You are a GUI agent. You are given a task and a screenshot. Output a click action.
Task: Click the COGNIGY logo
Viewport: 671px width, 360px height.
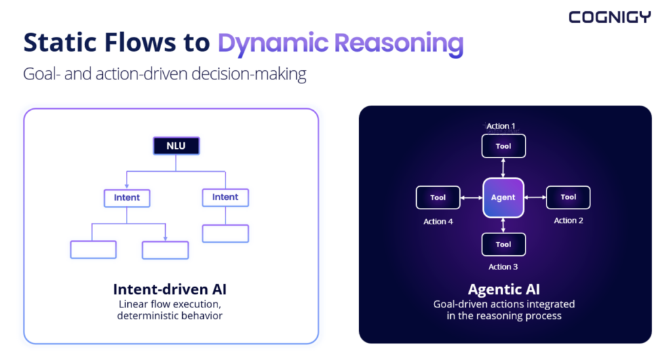point(609,17)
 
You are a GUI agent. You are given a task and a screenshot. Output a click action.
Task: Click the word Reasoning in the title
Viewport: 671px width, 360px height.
point(399,43)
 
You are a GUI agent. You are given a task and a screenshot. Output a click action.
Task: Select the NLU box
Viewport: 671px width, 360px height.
point(176,146)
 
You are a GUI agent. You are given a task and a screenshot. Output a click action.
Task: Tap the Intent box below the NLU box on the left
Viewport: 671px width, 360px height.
point(126,198)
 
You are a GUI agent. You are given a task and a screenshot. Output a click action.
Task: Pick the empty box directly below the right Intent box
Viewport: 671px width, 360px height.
point(225,233)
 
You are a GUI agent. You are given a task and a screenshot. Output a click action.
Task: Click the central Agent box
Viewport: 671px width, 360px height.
point(503,197)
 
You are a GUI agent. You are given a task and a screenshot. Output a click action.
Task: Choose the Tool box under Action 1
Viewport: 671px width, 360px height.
point(503,146)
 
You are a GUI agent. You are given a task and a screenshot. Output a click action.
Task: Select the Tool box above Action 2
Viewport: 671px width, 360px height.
point(568,197)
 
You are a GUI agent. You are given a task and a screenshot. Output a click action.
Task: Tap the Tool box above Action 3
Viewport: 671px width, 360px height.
point(503,245)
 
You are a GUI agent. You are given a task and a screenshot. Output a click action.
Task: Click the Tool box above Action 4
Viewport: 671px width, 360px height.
point(438,197)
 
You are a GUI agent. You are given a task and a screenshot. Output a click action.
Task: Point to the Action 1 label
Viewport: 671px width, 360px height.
point(501,126)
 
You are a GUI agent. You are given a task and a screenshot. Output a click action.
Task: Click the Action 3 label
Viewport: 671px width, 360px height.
point(503,267)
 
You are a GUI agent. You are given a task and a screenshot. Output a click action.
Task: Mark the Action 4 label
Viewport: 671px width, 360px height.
point(438,221)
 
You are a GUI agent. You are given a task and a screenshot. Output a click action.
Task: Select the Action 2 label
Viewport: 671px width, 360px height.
point(569,220)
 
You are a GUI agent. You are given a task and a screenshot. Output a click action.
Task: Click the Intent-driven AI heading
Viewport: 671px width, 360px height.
point(170,289)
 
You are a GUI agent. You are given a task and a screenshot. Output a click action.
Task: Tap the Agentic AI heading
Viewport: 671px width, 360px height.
point(504,289)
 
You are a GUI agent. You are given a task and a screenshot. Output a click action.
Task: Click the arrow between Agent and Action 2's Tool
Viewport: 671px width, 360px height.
point(535,197)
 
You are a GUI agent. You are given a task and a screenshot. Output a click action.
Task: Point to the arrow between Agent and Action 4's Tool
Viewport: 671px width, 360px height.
point(472,197)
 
